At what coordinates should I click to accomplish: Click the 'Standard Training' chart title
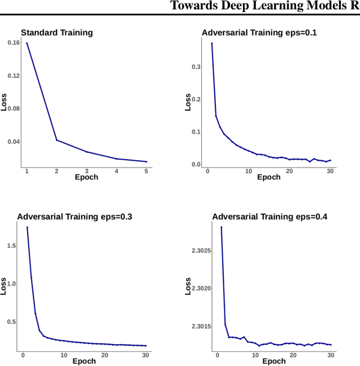(57, 33)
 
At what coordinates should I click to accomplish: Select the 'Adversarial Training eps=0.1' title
(259, 33)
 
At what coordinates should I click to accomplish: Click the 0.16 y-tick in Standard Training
(13, 43)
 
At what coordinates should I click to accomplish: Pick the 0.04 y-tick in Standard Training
(13, 141)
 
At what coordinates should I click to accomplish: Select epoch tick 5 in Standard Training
(146, 170)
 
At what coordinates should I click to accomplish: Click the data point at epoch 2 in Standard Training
(57, 140)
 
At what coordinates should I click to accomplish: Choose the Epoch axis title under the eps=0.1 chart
(269, 177)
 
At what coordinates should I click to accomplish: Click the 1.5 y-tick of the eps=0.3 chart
(11, 246)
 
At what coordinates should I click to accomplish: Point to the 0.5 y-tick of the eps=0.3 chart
(11, 322)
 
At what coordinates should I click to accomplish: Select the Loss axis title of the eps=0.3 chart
(4, 287)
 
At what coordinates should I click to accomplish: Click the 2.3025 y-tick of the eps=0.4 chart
(201, 250)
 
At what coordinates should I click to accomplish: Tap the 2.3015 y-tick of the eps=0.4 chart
(201, 327)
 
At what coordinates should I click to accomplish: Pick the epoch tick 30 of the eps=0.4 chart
(331, 355)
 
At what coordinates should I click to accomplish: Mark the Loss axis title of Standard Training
(4, 102)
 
